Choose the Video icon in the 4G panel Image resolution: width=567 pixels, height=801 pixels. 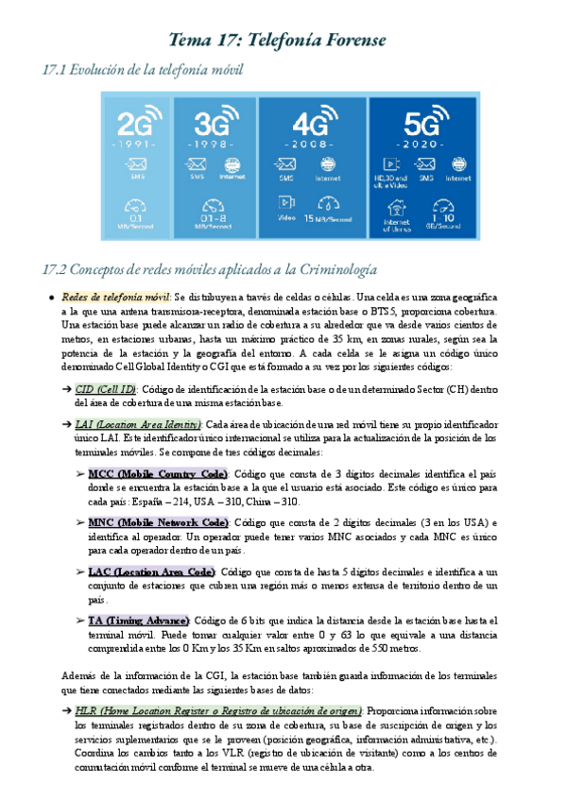[284, 201]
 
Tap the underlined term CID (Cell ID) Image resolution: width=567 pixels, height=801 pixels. [106, 388]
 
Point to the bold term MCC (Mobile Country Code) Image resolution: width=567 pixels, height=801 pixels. [158, 473]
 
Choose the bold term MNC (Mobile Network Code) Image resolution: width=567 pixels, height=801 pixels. [158, 522]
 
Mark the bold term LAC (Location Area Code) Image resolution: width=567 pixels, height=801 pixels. [151, 571]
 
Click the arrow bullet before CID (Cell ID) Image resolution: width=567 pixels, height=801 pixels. [67, 388]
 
